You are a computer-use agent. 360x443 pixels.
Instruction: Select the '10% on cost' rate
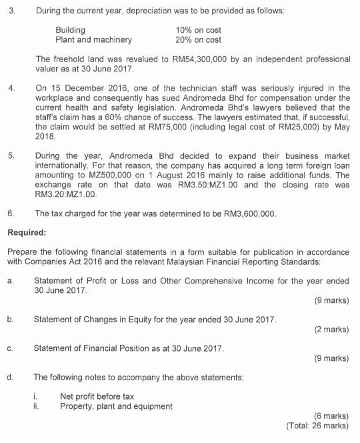pos(199,30)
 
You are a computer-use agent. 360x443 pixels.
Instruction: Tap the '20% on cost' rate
pos(199,39)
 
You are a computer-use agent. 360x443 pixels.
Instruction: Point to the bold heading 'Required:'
pos(27,234)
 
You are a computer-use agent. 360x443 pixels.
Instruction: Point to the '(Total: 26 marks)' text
pos(317,425)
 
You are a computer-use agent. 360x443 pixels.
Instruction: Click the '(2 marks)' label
pos(331,329)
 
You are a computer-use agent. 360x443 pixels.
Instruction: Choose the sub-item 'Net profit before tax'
pos(97,396)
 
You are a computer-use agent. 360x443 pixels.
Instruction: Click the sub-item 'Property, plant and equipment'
pos(115,406)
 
